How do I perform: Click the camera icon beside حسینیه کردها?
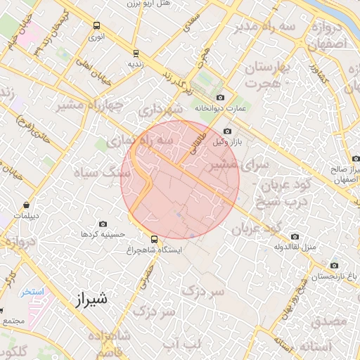tap(103, 223)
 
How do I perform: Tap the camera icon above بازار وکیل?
tap(226, 131)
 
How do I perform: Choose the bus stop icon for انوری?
tap(96, 26)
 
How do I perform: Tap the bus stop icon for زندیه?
tap(136, 53)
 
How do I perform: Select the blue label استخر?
tap(32, 292)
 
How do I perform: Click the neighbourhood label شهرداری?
tap(160, 110)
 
